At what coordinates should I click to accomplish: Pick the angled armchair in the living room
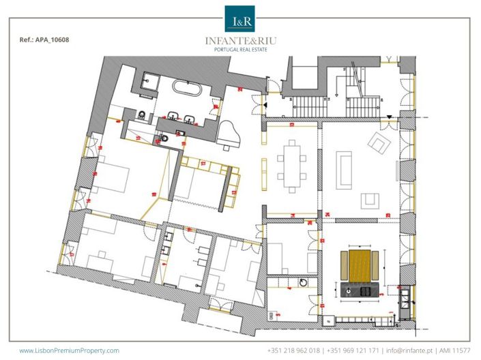point(377,143)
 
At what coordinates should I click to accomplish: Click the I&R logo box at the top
point(239,18)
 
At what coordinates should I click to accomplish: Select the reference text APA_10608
point(45,40)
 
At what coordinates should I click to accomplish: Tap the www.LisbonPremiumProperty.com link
point(69,350)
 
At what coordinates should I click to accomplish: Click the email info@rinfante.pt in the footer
point(409,350)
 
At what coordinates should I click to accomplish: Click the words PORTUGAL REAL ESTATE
point(239,50)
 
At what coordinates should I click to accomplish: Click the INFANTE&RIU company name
point(239,40)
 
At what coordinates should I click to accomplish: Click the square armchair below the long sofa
point(370,200)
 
